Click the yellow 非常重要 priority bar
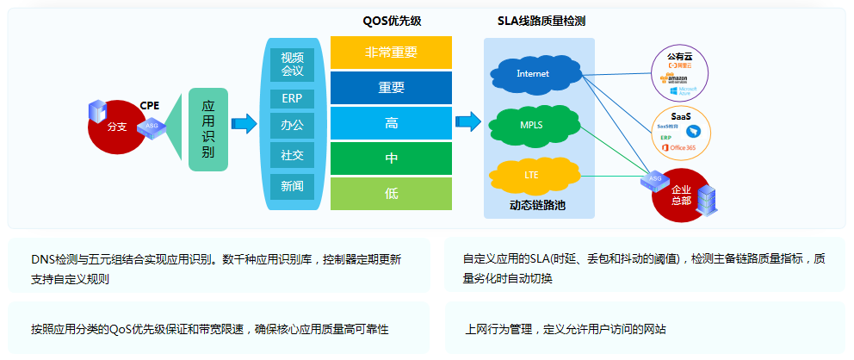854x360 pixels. point(391,53)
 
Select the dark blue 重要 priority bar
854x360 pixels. point(391,87)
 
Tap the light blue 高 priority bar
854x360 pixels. point(391,123)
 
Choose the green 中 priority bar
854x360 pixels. point(391,158)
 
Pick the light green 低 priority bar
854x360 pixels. point(391,194)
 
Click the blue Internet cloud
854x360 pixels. point(532,74)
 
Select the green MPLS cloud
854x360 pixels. point(531,125)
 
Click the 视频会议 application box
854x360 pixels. point(292,65)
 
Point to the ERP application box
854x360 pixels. point(292,97)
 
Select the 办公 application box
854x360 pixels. point(292,126)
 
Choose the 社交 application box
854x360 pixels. point(292,155)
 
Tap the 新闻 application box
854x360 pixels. point(292,184)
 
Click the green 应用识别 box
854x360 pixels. point(207,129)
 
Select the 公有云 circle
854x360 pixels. point(680,74)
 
